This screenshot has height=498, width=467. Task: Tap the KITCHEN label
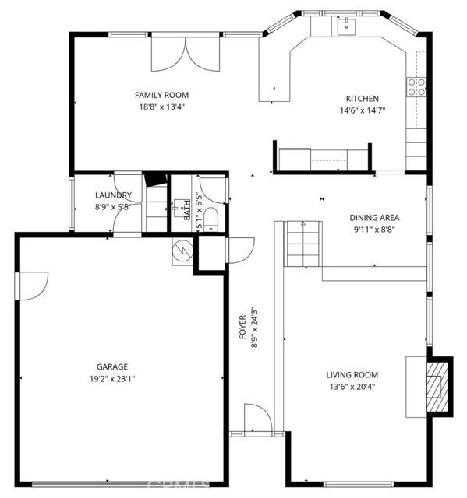(363, 99)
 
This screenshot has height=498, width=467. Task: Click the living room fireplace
(437, 385)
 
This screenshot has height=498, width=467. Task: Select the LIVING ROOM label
(352, 375)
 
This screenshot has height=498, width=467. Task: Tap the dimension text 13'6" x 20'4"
(352, 387)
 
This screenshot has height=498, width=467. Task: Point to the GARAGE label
(113, 366)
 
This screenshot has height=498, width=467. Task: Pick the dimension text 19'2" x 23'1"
(113, 379)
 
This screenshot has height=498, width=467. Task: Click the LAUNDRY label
(114, 195)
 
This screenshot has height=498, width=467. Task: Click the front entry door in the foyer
(257, 419)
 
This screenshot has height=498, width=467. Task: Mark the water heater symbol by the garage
(182, 251)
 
